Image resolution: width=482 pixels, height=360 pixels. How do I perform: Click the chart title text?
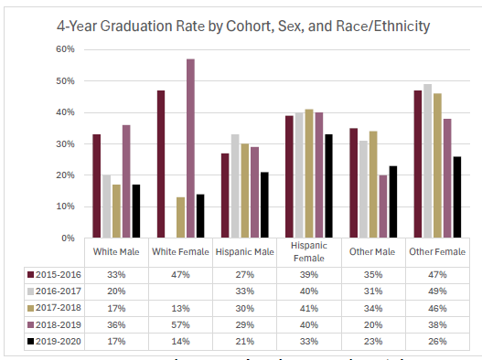coord(241,26)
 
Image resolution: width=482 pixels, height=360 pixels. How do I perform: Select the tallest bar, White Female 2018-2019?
coord(190,148)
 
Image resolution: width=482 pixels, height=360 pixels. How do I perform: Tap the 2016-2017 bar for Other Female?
coord(428,161)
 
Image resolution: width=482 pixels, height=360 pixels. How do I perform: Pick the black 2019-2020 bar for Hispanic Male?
coord(263,205)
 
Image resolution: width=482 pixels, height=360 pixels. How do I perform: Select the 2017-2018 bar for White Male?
coord(117,211)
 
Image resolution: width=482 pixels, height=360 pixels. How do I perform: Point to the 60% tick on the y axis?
coord(66,49)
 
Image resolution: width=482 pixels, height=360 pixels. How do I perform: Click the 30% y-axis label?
coord(66,143)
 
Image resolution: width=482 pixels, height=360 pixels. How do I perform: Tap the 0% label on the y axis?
coord(69,238)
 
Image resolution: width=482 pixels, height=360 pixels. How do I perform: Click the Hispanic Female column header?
coord(306,252)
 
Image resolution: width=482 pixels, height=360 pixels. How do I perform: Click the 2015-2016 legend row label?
coord(53,273)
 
